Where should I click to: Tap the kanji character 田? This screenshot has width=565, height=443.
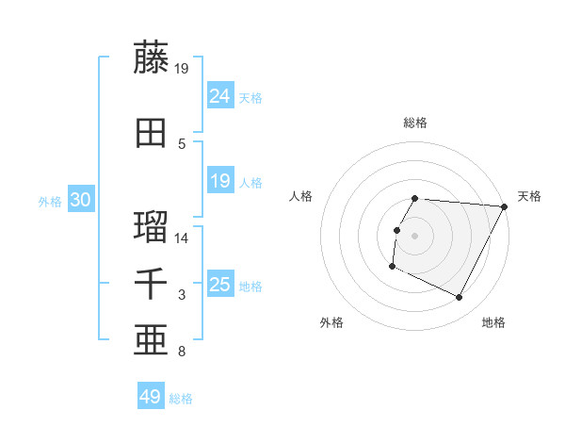pyautogui.click(x=152, y=133)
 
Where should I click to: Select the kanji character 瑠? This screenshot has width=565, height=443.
pyautogui.click(x=152, y=226)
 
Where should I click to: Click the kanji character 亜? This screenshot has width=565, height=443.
pyautogui.click(x=152, y=340)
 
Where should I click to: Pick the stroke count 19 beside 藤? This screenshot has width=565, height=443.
pyautogui.click(x=182, y=68)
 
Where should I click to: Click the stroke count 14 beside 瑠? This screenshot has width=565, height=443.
pyautogui.click(x=182, y=238)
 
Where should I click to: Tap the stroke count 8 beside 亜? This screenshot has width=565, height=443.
pyautogui.click(x=181, y=353)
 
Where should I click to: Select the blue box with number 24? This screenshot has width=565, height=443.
pyautogui.click(x=220, y=96)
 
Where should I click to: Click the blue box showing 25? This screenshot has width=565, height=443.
pyautogui.click(x=220, y=285)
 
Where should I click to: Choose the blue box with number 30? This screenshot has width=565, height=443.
pyautogui.click(x=80, y=200)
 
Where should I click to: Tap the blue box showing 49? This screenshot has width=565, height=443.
pyautogui.click(x=151, y=398)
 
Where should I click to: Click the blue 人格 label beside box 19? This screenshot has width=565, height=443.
pyautogui.click(x=250, y=183)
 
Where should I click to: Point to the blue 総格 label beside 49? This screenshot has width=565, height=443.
pyautogui.click(x=181, y=399)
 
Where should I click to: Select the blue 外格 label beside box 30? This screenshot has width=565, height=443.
pyautogui.click(x=50, y=201)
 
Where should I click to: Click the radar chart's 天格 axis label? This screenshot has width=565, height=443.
pyautogui.click(x=529, y=196)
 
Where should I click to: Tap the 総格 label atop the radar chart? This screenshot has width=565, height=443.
pyautogui.click(x=415, y=123)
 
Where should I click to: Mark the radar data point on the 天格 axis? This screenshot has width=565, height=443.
pyautogui.click(x=505, y=206)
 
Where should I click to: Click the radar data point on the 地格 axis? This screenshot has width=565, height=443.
pyautogui.click(x=460, y=298)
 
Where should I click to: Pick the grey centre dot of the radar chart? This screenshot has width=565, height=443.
pyautogui.click(x=415, y=236)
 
